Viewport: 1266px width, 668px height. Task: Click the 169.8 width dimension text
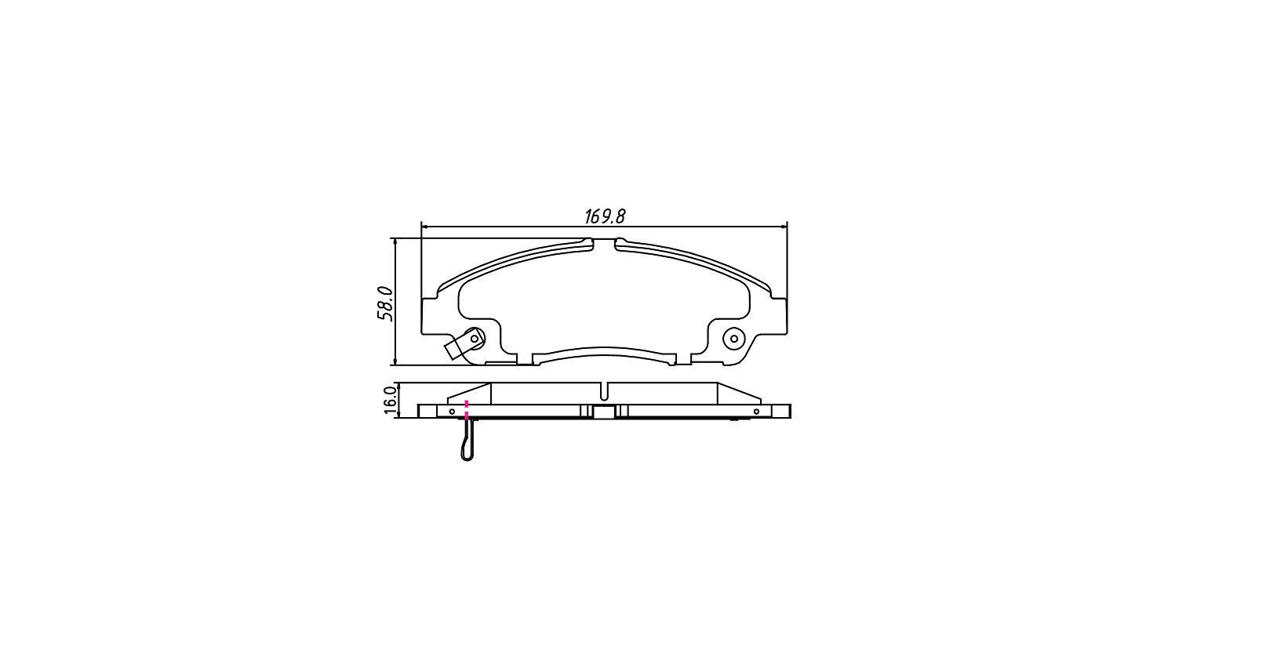pyautogui.click(x=604, y=216)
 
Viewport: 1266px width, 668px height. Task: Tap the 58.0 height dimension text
pyautogui.click(x=385, y=303)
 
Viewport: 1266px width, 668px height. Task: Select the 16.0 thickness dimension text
pyautogui.click(x=389, y=400)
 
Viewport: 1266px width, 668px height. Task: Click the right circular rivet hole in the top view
pyautogui.click(x=734, y=339)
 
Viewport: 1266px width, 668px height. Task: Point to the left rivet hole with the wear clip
pyautogui.click(x=475, y=338)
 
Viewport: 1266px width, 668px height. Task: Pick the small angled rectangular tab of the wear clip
pyautogui.click(x=456, y=347)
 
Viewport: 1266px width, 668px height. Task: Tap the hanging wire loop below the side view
pyautogui.click(x=467, y=440)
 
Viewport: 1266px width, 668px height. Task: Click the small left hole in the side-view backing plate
pyautogui.click(x=452, y=412)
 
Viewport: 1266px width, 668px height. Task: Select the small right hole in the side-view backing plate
pyautogui.click(x=757, y=412)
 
